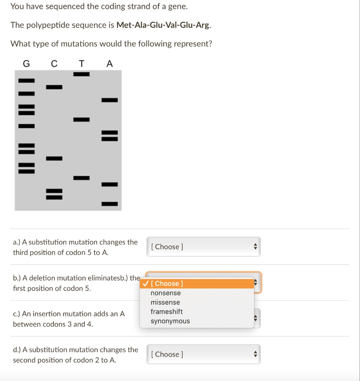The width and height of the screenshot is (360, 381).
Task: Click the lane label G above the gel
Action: tap(26, 64)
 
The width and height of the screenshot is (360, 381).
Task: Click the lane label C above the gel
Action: tap(54, 64)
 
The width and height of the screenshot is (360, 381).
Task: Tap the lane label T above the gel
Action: tap(81, 64)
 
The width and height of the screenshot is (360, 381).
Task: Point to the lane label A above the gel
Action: tap(109, 64)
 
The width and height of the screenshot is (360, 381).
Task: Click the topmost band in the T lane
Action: tap(81, 74)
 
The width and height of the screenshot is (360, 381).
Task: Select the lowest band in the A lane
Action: tap(110, 204)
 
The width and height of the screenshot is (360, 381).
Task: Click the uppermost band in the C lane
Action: tap(54, 87)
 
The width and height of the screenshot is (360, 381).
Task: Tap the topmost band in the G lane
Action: tap(26, 80)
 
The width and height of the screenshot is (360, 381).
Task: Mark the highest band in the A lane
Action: tap(110, 100)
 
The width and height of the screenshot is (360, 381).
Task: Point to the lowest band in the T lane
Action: tap(81, 178)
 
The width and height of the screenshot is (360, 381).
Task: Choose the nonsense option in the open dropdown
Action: tap(165, 293)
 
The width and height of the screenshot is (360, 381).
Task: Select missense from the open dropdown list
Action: tap(165, 302)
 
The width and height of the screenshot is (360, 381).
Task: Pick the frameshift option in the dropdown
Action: tap(167, 312)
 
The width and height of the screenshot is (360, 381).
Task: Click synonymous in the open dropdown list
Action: tap(170, 321)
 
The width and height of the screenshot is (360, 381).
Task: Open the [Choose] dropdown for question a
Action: tap(203, 247)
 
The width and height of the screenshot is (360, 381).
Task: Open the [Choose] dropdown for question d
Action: tap(203, 354)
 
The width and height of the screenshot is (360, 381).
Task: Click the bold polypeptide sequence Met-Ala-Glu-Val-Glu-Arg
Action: tap(164, 25)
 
